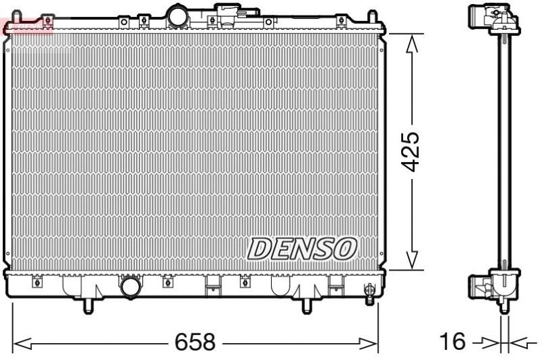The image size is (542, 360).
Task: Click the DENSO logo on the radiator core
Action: coord(301,248)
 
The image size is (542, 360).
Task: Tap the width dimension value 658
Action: coord(196,340)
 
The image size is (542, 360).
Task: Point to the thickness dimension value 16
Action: coord(453,340)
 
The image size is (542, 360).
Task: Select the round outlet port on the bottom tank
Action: coord(129,287)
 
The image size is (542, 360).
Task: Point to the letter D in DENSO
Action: coord(258,249)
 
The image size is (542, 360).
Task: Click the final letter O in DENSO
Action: coord(343,249)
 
